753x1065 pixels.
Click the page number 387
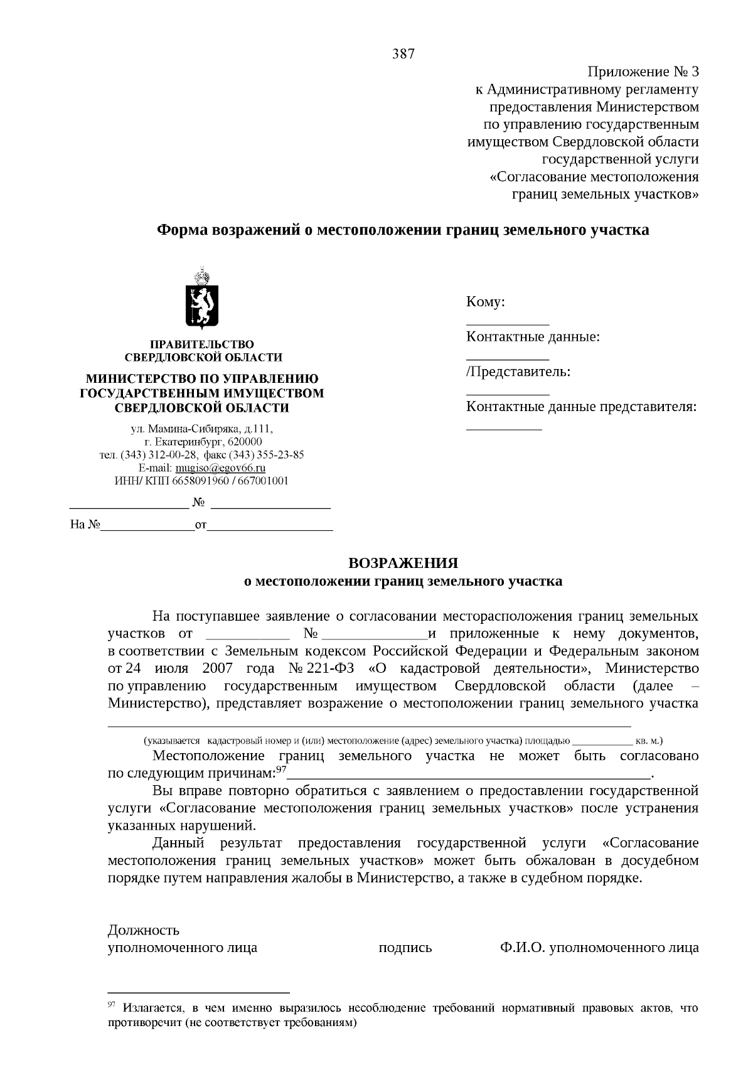coord(403,54)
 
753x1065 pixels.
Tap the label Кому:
coord(486,302)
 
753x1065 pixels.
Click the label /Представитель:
coord(518,372)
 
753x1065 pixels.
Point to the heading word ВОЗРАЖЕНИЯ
coord(403,563)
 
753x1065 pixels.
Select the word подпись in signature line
coord(405,948)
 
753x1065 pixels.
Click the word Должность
coord(144,929)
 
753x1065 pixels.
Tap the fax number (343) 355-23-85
coord(267,455)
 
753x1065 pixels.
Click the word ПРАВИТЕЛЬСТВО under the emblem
coord(201,345)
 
